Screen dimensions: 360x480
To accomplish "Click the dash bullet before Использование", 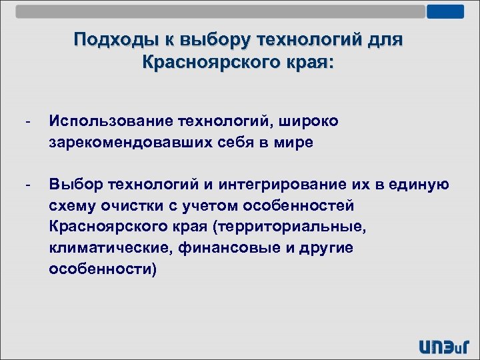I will pyautogui.click(x=27, y=121).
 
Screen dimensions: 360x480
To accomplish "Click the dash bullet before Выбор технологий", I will pyautogui.click(x=27, y=185).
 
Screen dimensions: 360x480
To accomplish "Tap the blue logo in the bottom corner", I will pyautogui.click(x=443, y=345).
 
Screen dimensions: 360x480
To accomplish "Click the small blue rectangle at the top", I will pyautogui.click(x=445, y=11).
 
